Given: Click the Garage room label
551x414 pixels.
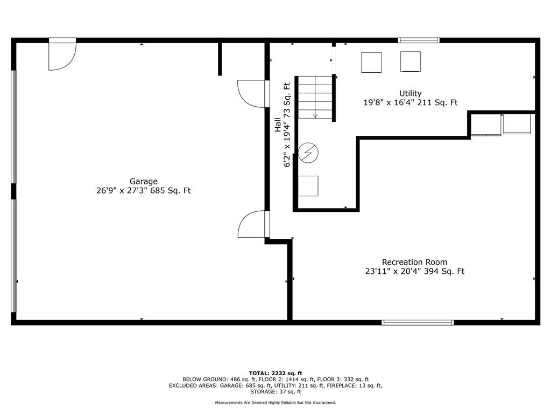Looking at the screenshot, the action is click(x=143, y=181).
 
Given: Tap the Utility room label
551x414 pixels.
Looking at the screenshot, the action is click(x=410, y=93).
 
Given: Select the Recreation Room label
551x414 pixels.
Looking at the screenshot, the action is click(x=415, y=262).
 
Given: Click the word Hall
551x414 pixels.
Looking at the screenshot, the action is click(x=278, y=125).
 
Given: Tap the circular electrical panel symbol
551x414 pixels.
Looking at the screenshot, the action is click(x=308, y=153).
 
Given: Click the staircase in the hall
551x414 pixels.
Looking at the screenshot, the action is click(x=315, y=98).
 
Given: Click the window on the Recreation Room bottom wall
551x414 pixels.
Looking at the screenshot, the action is click(x=418, y=322).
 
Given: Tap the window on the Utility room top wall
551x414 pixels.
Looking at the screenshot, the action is click(x=419, y=40).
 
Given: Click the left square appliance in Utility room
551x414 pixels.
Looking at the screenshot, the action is click(x=371, y=63).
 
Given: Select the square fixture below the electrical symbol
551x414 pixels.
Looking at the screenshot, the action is click(x=308, y=186).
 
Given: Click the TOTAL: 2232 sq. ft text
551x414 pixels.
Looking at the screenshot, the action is click(x=275, y=373).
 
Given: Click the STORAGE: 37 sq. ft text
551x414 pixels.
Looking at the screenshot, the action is click(x=275, y=391).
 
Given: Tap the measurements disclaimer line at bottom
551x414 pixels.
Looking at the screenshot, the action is click(x=275, y=402).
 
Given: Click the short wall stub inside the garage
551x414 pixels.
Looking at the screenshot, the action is click(x=220, y=59).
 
